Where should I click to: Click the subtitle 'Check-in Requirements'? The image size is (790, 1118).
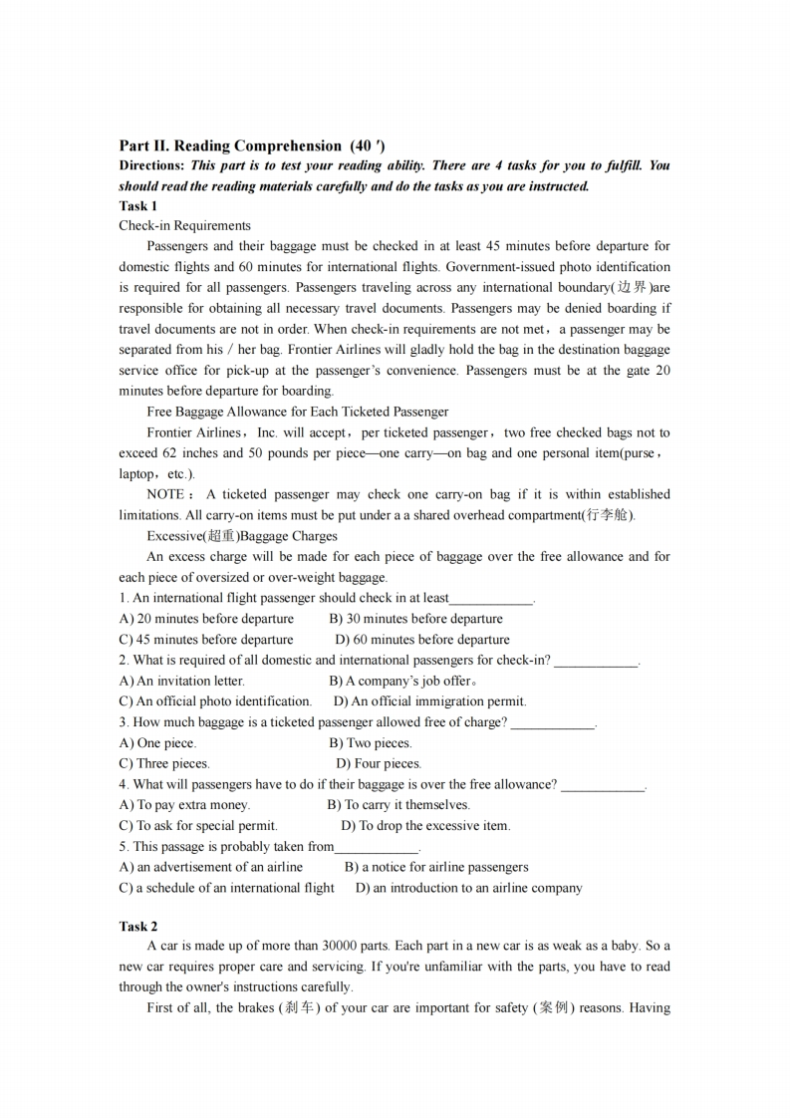[x=184, y=226]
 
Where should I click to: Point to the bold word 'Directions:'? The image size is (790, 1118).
[x=151, y=165]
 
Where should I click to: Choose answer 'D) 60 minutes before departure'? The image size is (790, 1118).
[x=421, y=640]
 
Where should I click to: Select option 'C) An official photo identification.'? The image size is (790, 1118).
[x=215, y=701]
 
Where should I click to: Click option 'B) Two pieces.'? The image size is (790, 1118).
[x=370, y=742]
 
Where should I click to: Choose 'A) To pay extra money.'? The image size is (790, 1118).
[x=184, y=804]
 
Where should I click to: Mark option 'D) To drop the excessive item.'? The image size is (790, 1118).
[x=425, y=825]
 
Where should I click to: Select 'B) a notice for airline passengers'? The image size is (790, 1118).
[x=436, y=867]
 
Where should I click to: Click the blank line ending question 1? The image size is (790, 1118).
[x=491, y=601]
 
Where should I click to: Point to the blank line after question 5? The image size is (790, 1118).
[x=377, y=849]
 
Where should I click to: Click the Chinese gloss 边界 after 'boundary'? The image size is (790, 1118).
[x=633, y=288]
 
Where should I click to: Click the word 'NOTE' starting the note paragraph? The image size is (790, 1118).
[x=164, y=494]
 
